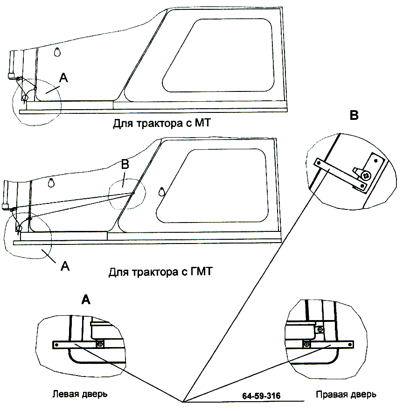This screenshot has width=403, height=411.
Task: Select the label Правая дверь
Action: pyautogui.click(x=346, y=395)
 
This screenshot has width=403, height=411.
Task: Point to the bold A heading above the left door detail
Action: pyautogui.click(x=85, y=300)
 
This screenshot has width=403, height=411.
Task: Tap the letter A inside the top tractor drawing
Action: pyautogui.click(x=63, y=79)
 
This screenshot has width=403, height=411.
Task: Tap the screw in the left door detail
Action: pyautogui.click(x=100, y=344)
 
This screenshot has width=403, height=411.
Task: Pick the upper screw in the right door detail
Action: pyautogui.click(x=320, y=330)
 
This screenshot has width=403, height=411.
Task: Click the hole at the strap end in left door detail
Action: pyautogui.click(x=56, y=345)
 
